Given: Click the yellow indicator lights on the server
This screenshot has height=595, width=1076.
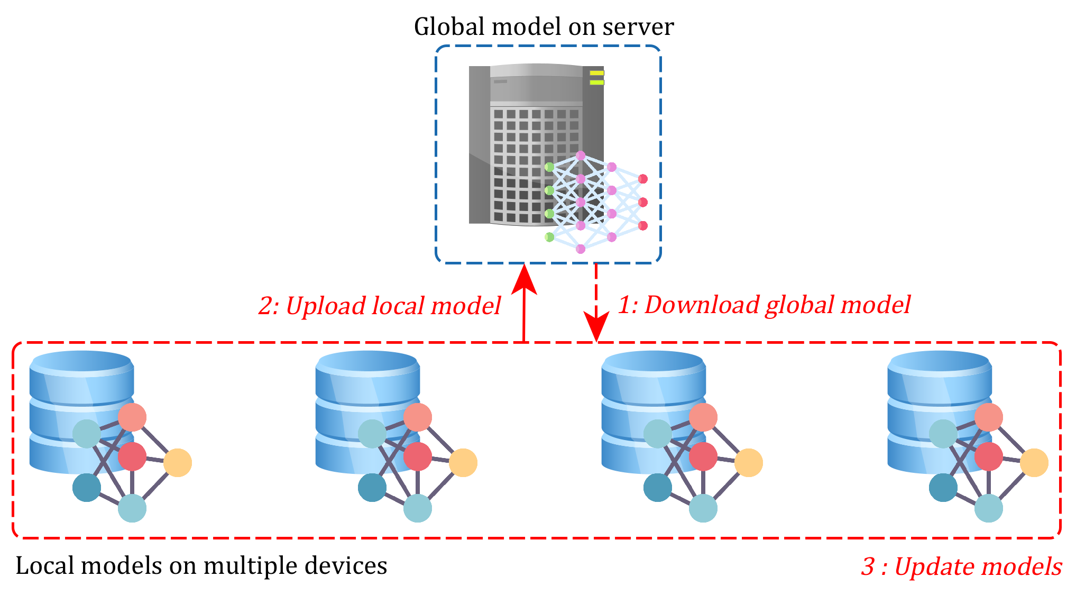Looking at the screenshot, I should click(x=596, y=78).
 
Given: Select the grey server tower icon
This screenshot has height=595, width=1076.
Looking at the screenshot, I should click(x=529, y=143).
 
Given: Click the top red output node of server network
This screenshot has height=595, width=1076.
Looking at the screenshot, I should click(x=643, y=179).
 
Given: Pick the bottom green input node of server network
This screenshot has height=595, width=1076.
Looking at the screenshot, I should click(x=549, y=237).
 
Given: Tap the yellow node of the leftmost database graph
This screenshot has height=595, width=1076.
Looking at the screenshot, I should click(x=178, y=463).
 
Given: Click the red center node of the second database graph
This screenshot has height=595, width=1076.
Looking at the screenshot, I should click(x=418, y=456).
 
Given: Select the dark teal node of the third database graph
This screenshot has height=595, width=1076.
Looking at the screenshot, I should click(x=658, y=487).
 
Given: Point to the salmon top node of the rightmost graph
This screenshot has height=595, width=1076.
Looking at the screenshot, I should click(x=988, y=417).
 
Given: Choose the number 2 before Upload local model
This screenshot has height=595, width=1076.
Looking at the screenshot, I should click(x=265, y=306).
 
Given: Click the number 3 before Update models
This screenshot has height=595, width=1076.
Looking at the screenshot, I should click(x=868, y=567).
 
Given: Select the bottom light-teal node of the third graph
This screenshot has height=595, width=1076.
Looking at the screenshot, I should click(x=703, y=508).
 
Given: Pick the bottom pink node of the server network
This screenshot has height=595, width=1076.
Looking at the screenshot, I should click(x=581, y=249).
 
